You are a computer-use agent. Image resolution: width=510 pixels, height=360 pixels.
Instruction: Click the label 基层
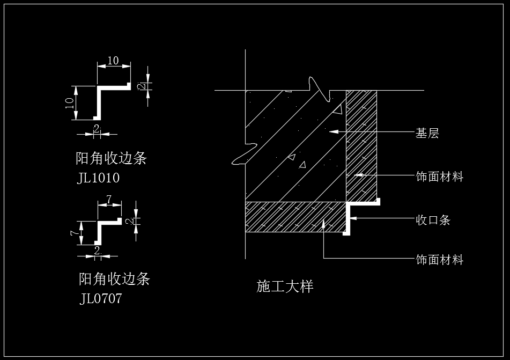[x=427, y=133]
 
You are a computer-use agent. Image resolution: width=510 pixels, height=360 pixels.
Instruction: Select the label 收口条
[x=433, y=220]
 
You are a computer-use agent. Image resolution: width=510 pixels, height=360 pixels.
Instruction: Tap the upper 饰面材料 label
[x=439, y=177]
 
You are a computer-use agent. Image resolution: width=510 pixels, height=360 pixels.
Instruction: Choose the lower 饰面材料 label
[x=439, y=260]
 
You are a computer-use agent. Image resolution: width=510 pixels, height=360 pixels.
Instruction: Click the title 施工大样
[x=285, y=286]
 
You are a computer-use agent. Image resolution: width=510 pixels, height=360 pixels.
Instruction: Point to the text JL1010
[x=98, y=178]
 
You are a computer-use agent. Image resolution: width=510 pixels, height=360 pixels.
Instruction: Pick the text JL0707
[x=100, y=298]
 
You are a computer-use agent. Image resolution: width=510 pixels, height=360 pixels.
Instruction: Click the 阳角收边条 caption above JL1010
[x=111, y=158]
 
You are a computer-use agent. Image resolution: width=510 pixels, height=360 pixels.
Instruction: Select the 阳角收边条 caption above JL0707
[x=114, y=279]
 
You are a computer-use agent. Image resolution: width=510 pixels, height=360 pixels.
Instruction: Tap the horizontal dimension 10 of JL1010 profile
[x=113, y=61]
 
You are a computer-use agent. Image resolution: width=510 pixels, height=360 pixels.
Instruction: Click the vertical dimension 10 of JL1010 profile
[x=70, y=103]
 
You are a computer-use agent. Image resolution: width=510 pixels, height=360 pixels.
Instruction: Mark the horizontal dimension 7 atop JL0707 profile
[x=109, y=199]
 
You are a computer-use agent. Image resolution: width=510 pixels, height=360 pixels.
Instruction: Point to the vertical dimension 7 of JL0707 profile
[x=74, y=233]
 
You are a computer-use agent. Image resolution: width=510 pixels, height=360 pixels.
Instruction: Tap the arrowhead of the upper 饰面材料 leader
[x=358, y=175]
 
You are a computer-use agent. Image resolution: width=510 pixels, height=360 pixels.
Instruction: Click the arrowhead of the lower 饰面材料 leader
[x=323, y=224]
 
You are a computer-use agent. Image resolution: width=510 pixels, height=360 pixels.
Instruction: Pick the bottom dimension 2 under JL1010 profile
[x=97, y=128]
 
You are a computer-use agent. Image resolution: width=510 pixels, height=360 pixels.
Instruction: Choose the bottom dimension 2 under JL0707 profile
[x=97, y=251]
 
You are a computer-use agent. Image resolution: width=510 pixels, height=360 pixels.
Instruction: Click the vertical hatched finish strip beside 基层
[x=361, y=146]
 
